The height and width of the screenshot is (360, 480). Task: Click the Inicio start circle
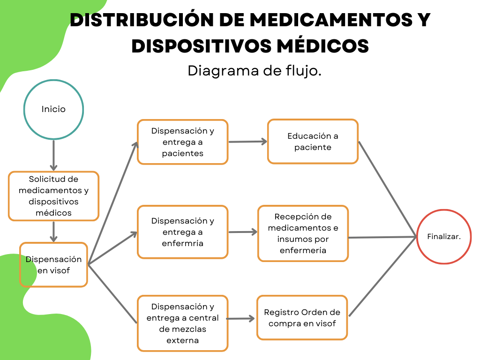pos(53,110)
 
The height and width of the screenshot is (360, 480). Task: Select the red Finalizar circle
pos(443,237)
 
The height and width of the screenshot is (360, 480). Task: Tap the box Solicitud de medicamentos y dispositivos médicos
pos(53,196)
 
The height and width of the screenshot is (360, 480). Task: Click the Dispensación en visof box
pos(53,264)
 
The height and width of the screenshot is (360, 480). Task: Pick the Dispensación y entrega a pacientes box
pos(182,142)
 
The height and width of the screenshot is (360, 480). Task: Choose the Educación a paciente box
pos(313,142)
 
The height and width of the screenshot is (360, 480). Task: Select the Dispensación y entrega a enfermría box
pos(182,232)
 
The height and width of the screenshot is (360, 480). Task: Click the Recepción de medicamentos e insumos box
pos(303,233)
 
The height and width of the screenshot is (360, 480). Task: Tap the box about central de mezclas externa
pos(182,323)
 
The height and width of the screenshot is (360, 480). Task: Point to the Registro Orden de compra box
pos(302,317)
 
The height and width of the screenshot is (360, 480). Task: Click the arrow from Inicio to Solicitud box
pos(53,155)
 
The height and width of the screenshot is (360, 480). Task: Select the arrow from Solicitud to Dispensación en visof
pos(54,232)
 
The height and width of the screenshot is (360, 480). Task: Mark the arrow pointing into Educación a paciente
pos(247,141)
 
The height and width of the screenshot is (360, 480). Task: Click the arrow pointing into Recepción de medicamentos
pos(243,232)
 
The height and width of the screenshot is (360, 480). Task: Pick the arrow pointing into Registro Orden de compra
pos(241,318)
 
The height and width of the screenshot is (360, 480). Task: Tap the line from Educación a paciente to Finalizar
pos(387,188)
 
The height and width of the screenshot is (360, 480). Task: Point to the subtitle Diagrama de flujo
pos(255,71)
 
